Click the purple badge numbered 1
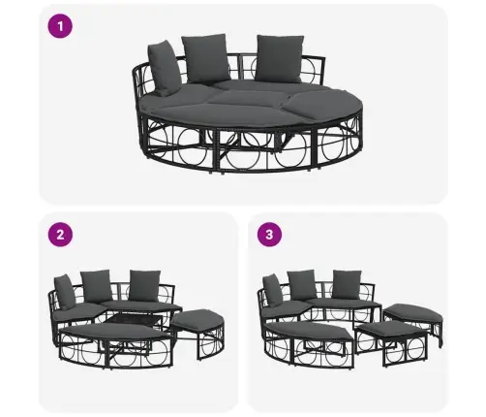coord(60,26)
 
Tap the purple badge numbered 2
coord(60,235)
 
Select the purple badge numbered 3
coord(269,235)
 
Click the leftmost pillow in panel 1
coord(164,69)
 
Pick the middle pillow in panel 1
coord(205,58)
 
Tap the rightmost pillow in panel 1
coord(280,58)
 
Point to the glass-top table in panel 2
coord(134,321)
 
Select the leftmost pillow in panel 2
coord(65,292)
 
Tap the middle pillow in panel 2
coord(97,286)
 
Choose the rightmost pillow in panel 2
coord(144,285)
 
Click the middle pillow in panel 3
coord(302,285)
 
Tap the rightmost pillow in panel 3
coord(347,284)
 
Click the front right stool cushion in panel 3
coord(392,330)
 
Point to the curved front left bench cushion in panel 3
coord(308,331)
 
